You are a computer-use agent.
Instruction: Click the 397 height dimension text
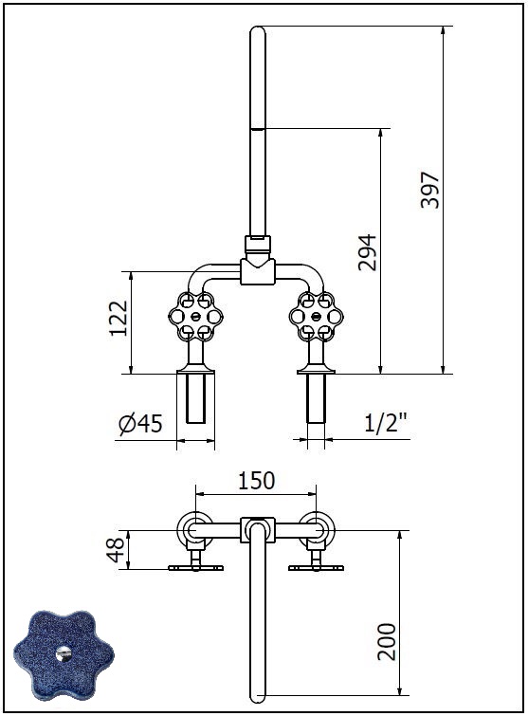(x=429, y=190)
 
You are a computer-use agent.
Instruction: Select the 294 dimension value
(x=368, y=252)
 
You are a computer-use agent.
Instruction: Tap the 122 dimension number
(x=118, y=318)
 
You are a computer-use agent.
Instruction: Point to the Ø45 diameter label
(x=140, y=424)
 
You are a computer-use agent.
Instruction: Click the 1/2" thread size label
(x=386, y=422)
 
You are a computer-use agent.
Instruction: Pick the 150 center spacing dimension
(x=257, y=481)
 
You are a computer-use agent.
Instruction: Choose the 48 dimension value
(x=116, y=550)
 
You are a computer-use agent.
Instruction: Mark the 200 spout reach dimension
(x=387, y=641)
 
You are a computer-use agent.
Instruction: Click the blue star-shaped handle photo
(x=64, y=654)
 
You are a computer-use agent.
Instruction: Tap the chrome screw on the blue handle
(x=64, y=653)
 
